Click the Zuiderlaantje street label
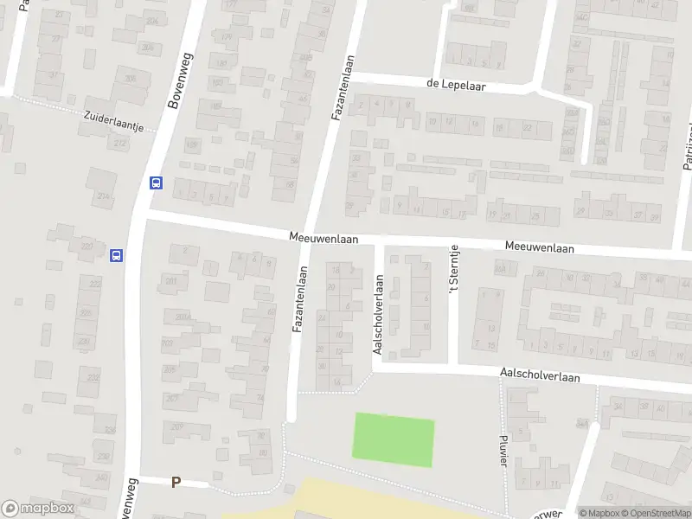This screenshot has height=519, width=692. (113, 120)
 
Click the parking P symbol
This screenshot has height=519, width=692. (176, 483)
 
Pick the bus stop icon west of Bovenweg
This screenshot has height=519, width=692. (116, 255)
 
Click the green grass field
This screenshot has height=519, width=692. (393, 439)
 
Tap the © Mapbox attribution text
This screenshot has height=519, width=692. (599, 513)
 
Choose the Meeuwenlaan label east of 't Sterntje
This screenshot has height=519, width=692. (540, 247)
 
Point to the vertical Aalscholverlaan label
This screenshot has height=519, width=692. (378, 315)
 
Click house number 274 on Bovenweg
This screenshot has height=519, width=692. (105, 196)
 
